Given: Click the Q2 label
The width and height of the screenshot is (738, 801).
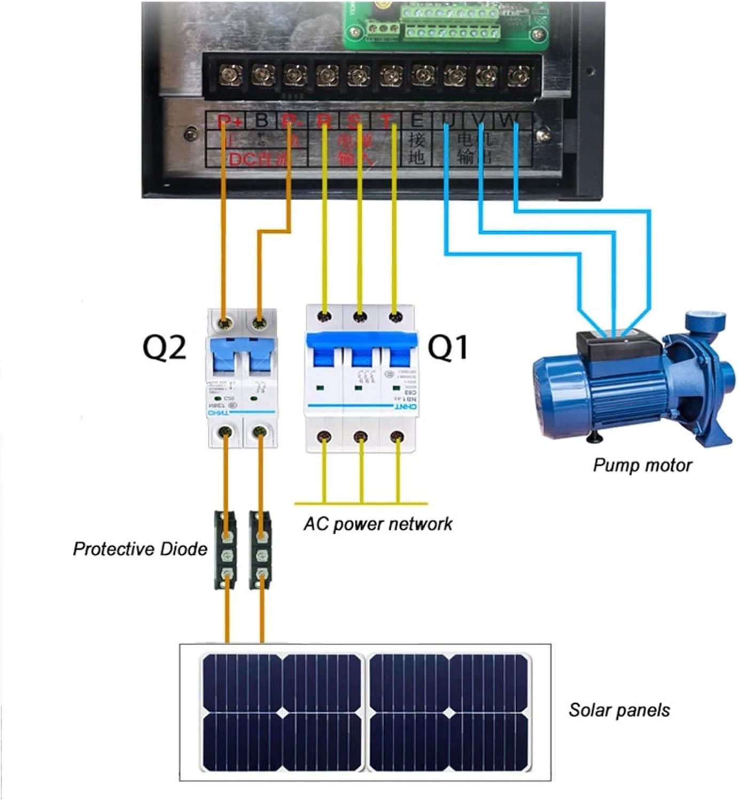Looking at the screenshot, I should click(x=164, y=347).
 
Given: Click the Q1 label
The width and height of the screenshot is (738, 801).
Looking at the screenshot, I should click(x=448, y=347).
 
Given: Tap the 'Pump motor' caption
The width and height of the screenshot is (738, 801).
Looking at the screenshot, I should click(x=642, y=465).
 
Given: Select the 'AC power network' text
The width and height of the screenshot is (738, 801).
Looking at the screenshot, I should click(x=377, y=524).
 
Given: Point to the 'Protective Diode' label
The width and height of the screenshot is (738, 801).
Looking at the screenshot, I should click(x=139, y=549).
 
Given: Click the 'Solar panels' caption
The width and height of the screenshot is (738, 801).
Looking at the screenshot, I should click(x=619, y=710).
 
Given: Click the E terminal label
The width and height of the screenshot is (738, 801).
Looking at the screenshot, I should click(x=417, y=121).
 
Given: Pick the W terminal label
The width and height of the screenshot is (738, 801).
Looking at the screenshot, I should click(x=506, y=121).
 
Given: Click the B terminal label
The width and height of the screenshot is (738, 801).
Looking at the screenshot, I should click(x=261, y=121).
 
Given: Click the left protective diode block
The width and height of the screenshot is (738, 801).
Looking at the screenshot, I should click(x=226, y=550).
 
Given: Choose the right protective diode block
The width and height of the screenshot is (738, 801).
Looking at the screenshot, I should click(x=261, y=550).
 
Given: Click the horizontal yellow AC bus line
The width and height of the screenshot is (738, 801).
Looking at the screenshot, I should click(x=361, y=504).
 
